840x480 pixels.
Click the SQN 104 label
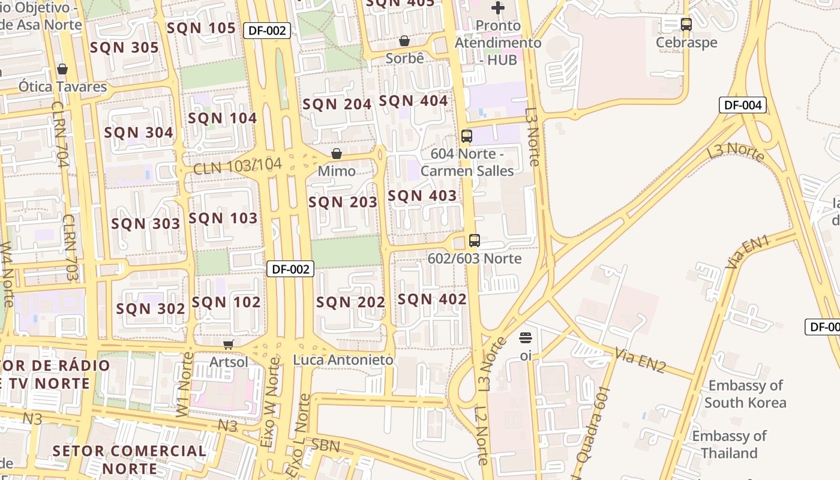point(223,118)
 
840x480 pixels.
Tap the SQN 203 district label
point(343,202)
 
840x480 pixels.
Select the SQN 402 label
point(432,299)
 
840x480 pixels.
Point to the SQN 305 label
point(124,48)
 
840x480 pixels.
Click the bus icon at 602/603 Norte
point(475,241)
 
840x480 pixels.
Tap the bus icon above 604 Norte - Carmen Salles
point(467,136)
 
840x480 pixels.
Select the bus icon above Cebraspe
point(686,25)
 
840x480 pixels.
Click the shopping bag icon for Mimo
point(337,154)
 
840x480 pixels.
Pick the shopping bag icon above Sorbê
point(404,41)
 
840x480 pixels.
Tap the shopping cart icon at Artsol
point(228,344)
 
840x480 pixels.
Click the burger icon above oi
point(526,338)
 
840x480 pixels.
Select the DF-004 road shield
point(742,105)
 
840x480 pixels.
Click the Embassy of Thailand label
point(729,444)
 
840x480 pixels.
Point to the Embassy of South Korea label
point(745,394)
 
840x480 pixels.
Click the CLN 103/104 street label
point(237,166)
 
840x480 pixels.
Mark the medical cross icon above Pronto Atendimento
point(497,8)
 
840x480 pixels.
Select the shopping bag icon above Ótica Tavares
point(62,70)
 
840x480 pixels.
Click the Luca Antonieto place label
point(343,360)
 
